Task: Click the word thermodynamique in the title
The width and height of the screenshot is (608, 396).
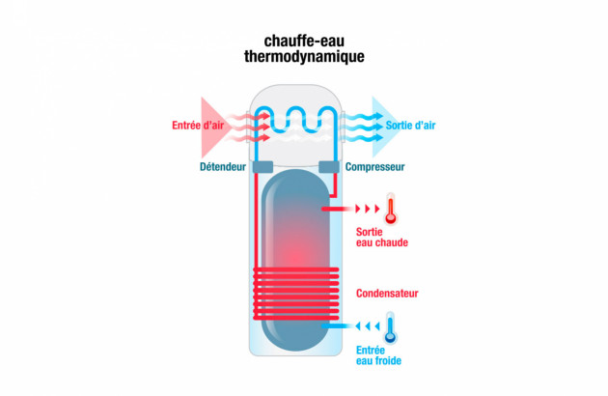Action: [304, 57]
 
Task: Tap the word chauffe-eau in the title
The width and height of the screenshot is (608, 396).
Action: [304, 41]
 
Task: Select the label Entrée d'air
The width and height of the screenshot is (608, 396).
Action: [198, 126]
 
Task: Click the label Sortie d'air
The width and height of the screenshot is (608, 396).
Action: [410, 126]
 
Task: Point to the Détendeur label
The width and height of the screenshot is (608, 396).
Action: [223, 167]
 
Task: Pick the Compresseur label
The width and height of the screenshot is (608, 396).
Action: [374, 167]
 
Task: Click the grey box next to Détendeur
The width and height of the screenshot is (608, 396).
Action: [263, 167]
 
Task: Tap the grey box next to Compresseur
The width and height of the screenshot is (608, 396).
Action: [329, 167]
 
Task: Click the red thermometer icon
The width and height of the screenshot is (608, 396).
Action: [391, 209]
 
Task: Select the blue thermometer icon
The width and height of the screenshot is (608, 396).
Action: [390, 328]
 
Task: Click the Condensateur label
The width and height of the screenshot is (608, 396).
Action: [387, 294]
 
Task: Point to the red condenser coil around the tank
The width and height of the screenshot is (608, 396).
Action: [296, 294]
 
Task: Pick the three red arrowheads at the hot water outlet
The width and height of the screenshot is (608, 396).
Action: [367, 209]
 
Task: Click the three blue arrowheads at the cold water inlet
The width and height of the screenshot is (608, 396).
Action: [367, 326]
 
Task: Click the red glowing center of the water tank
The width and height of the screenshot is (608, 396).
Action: [295, 254]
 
